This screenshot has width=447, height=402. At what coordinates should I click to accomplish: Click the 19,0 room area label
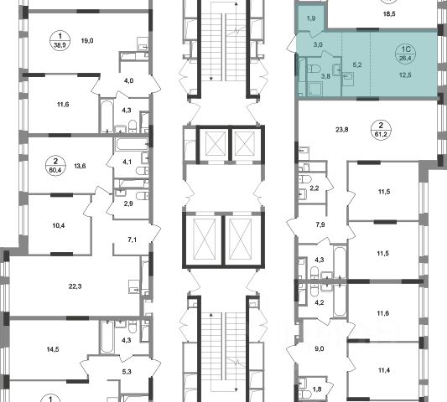(x=87, y=41)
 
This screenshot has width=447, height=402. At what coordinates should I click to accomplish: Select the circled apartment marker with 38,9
(x=60, y=40)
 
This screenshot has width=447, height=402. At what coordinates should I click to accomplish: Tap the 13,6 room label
(x=80, y=166)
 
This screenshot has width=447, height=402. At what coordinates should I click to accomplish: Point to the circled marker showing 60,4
(x=55, y=166)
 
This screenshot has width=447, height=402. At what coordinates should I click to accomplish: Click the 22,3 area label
(x=75, y=286)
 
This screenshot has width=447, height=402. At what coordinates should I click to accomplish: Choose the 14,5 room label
(x=53, y=349)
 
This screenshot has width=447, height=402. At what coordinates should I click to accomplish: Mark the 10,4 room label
(x=59, y=225)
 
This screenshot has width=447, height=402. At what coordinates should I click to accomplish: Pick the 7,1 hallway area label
(x=132, y=240)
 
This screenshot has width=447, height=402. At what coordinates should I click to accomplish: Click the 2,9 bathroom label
(x=128, y=204)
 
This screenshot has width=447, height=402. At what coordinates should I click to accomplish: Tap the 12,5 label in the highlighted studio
(x=405, y=75)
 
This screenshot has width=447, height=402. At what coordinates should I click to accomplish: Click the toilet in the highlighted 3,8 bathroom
(x=314, y=69)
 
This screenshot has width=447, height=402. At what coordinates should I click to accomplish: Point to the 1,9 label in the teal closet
(x=311, y=18)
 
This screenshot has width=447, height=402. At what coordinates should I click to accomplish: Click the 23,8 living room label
(x=342, y=130)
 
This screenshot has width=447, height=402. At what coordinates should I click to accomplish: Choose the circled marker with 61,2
(x=381, y=130)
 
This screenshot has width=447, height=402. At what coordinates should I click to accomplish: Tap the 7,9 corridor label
(x=320, y=224)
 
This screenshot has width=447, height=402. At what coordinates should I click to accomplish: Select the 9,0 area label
(x=320, y=348)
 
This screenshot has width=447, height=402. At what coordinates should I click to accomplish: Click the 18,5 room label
(x=389, y=14)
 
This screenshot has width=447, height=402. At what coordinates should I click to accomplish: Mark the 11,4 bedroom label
(x=383, y=370)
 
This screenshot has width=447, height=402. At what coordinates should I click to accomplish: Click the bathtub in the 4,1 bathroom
(x=132, y=144)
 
